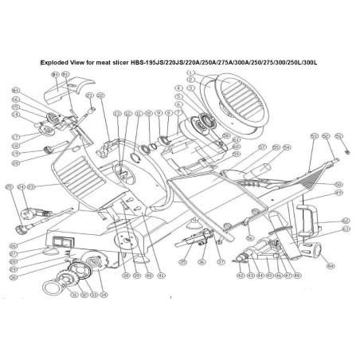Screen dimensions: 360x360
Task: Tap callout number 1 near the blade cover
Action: click(191, 72)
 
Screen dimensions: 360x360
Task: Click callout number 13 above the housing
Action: click(116, 114)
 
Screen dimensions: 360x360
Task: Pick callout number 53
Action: click(314, 136)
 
